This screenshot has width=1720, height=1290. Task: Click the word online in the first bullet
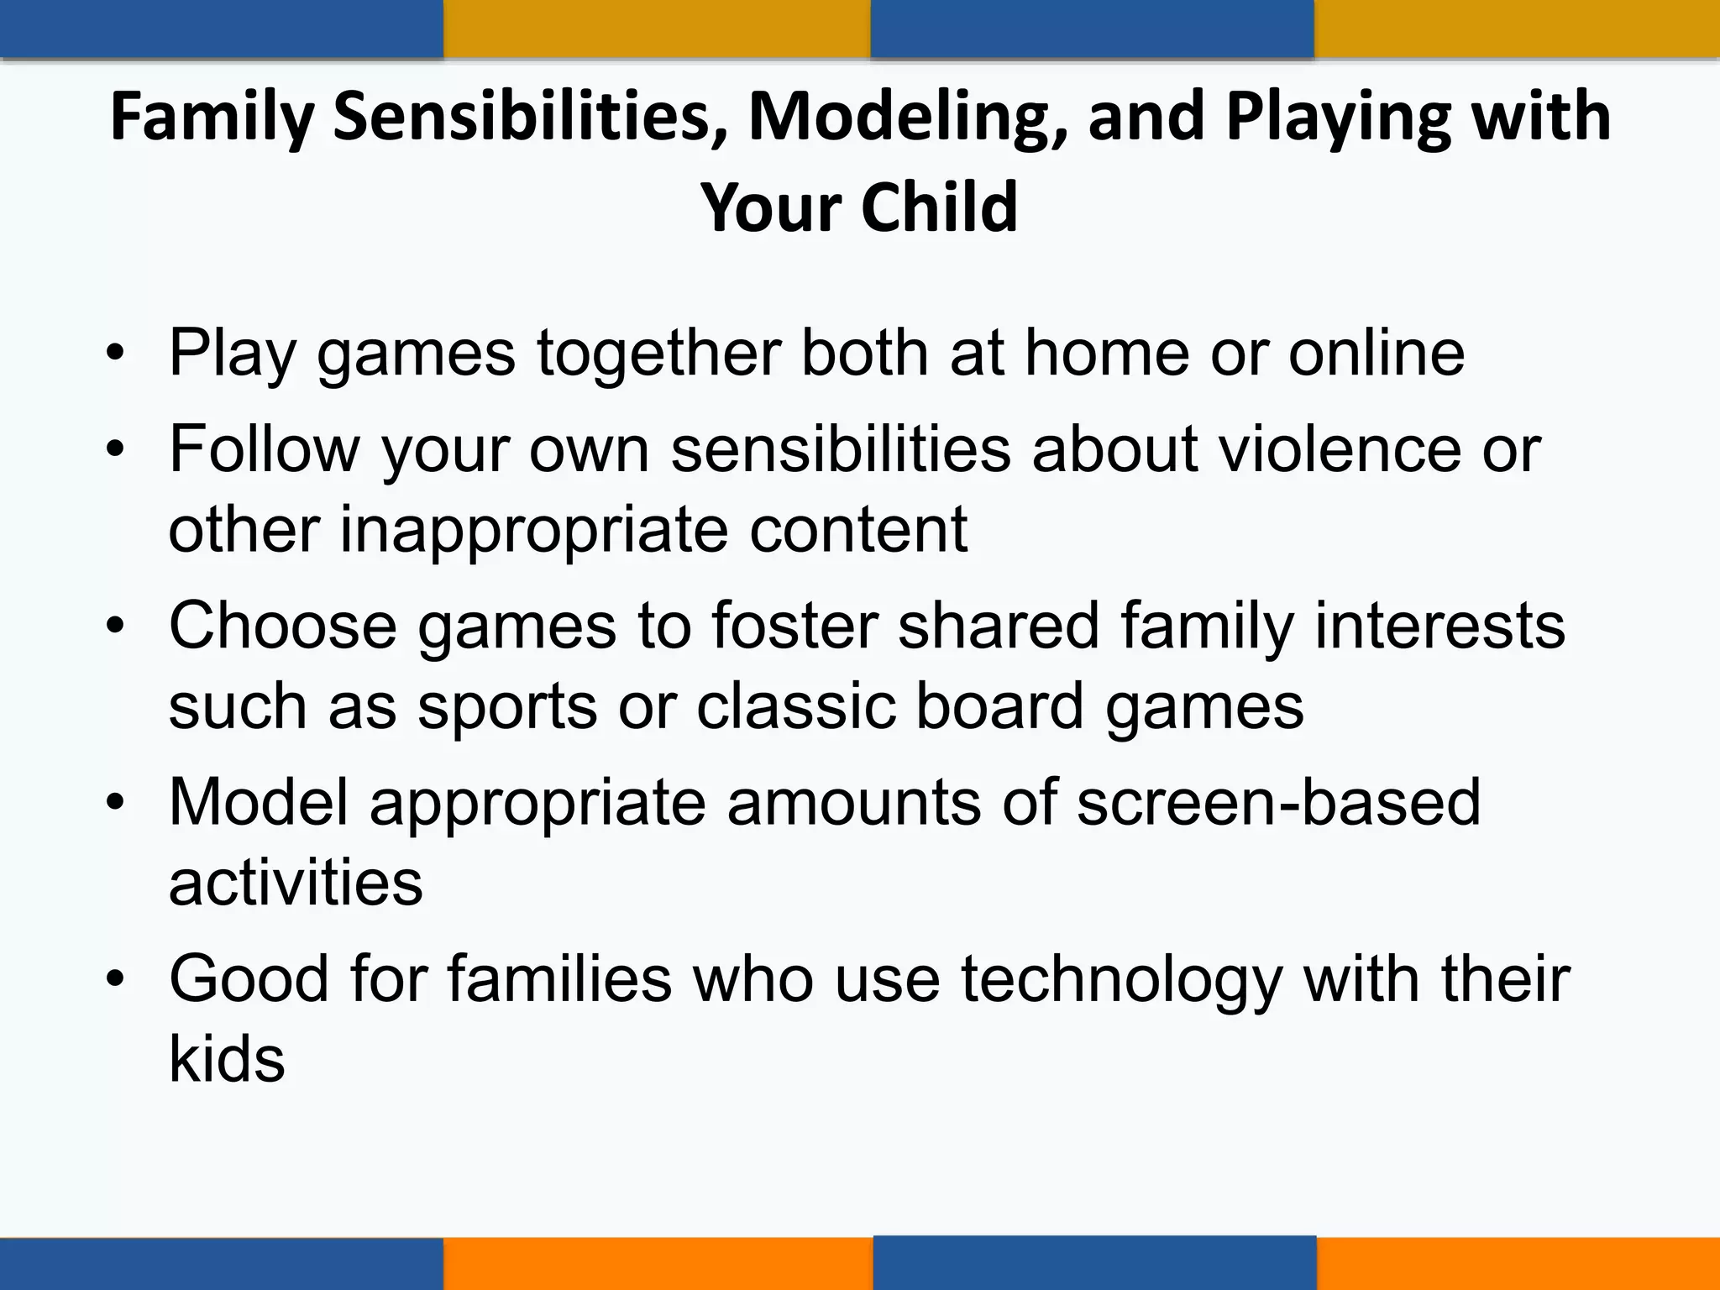[x=1377, y=353]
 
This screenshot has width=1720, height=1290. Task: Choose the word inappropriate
[x=532, y=531]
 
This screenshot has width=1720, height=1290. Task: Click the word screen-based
[x=1278, y=802]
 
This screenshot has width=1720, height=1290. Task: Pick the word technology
[x=1122, y=979]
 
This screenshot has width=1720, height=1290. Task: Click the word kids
[x=227, y=1059]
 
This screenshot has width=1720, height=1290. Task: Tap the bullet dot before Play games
[x=115, y=354]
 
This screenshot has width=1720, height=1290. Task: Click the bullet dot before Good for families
[x=115, y=980]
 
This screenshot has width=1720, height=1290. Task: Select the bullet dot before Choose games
[x=115, y=627]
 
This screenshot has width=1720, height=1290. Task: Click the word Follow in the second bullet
[x=265, y=449]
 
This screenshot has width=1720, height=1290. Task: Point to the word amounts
[x=853, y=802]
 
